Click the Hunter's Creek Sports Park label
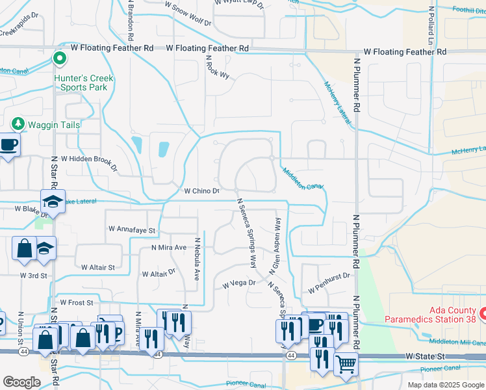pos(83,83)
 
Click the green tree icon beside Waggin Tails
pos(18,124)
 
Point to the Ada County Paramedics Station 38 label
pos(431,314)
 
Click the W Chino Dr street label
pos(202,191)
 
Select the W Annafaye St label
pos(133,229)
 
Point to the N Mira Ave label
pos(169,248)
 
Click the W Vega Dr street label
pos(239,284)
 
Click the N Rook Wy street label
pos(218,67)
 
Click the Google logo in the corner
pos(21,382)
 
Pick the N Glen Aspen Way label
pos(275,244)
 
